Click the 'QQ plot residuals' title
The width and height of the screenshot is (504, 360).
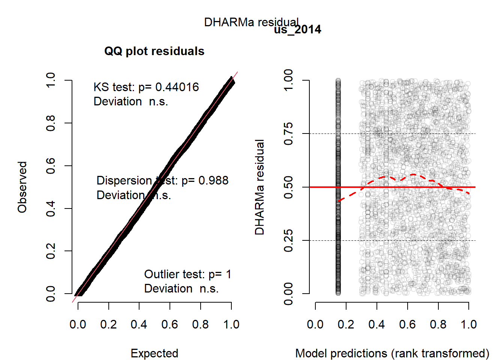pos(154,51)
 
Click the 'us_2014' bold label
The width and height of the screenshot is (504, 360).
pos(297,30)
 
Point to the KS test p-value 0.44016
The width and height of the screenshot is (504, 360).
pos(177,87)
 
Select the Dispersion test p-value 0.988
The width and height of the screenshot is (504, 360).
pos(213,180)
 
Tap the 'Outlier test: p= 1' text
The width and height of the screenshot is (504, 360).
pos(187,274)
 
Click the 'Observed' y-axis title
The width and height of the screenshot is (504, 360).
pos(22,187)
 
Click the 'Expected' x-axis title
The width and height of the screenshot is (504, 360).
pos(154,353)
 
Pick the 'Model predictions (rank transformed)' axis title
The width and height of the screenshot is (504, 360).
pos(392,353)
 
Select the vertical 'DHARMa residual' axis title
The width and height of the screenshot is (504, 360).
pos(259,187)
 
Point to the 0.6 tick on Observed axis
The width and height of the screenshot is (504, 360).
pos(51,166)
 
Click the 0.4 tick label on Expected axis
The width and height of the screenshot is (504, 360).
pos(139,324)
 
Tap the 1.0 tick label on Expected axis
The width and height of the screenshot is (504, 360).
pos(231,324)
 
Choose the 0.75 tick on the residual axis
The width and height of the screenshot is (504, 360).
pos(288,133)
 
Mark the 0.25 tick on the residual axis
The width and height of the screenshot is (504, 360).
pos(288,240)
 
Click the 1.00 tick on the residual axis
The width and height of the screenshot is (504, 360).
pos(288,80)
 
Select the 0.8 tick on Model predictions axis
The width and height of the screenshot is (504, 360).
pos(438,324)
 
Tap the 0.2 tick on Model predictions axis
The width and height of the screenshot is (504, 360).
pos(346,324)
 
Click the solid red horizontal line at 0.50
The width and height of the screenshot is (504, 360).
pos(412,187)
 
